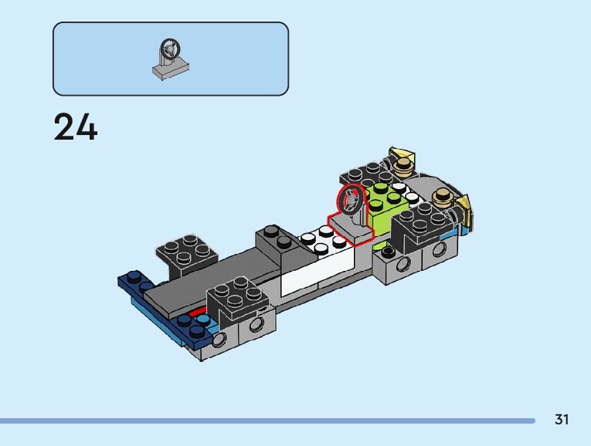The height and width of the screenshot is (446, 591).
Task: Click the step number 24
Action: click(x=76, y=127)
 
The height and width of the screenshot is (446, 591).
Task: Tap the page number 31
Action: click(x=562, y=419)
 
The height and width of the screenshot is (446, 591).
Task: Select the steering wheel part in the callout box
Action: click(x=171, y=59)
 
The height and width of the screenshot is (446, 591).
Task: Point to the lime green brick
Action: click(x=386, y=205)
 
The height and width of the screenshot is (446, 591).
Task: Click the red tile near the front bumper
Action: click(x=198, y=313)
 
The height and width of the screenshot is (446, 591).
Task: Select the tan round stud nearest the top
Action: click(x=403, y=166)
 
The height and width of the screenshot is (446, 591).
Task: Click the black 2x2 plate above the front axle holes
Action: click(x=237, y=297)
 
